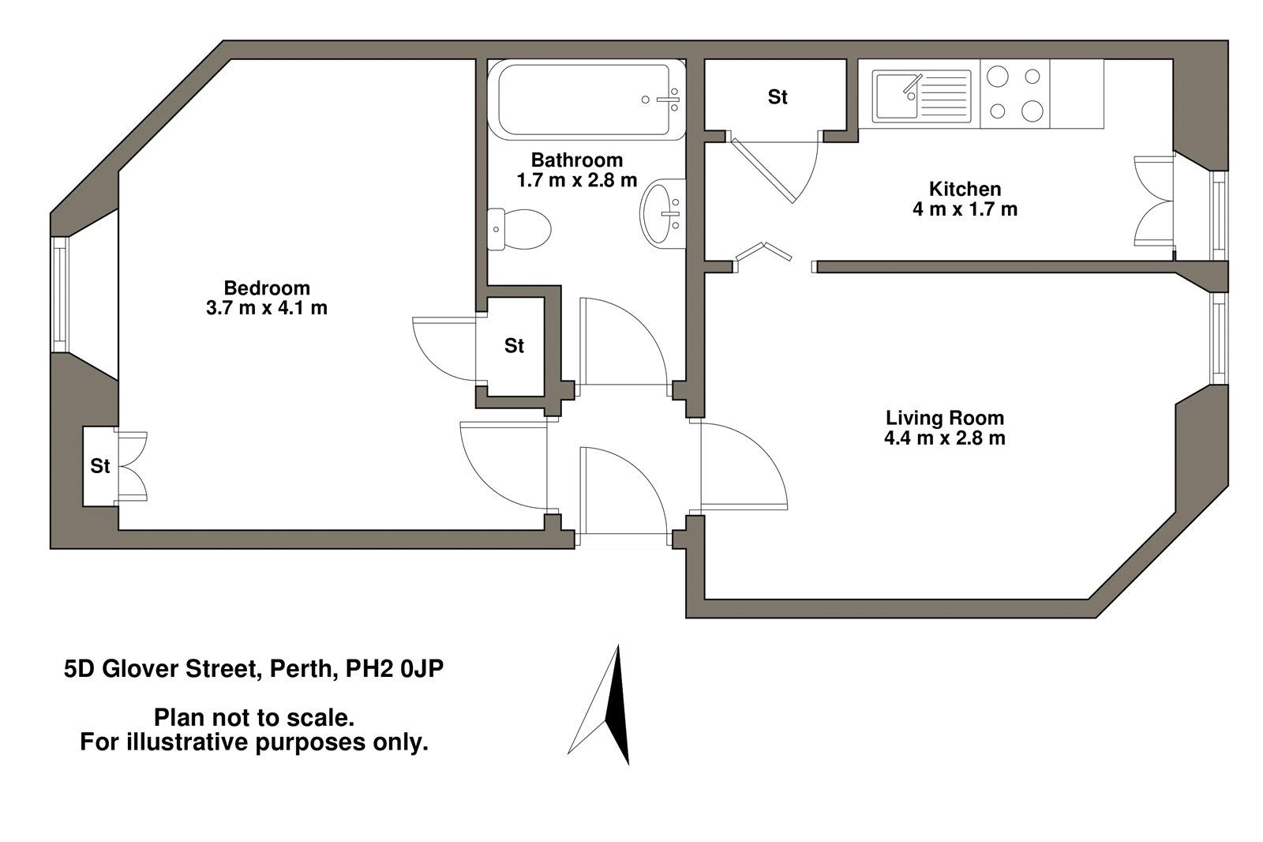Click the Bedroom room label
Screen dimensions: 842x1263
pyautogui.click(x=267, y=288)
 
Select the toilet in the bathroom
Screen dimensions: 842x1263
pyautogui.click(x=519, y=229)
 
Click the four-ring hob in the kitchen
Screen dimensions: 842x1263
pyautogui.click(x=1015, y=95)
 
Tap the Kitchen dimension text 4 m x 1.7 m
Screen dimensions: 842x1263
pyautogui.click(x=965, y=210)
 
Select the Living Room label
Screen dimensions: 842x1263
pyautogui.click(x=945, y=418)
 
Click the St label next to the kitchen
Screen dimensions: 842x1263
pyautogui.click(x=778, y=97)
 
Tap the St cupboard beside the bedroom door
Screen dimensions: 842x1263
pyautogui.click(x=515, y=346)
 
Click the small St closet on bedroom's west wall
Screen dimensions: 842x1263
pyautogui.click(x=99, y=467)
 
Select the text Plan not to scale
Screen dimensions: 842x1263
pyautogui.click(x=253, y=718)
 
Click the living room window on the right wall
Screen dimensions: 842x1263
pyautogui.click(x=1220, y=338)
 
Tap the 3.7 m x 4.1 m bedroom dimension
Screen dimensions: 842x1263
pyautogui.click(x=267, y=308)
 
